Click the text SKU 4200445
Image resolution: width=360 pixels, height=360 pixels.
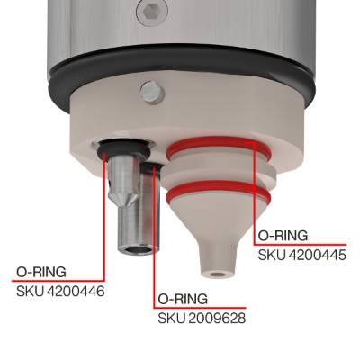pyautogui.click(x=302, y=255)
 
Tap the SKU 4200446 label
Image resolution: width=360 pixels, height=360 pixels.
pyautogui.click(x=60, y=292)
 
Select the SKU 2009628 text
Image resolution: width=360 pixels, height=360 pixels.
pyautogui.click(x=202, y=319)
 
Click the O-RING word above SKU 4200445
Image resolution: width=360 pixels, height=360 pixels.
pyautogui.click(x=283, y=236)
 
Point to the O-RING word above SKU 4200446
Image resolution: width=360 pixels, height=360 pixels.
pyautogui.click(x=41, y=272)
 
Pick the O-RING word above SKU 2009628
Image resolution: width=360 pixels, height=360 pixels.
pyautogui.click(x=183, y=299)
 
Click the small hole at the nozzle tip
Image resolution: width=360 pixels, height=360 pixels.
pyautogui.click(x=218, y=274)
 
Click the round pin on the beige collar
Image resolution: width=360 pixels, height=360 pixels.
pyautogui.click(x=152, y=92)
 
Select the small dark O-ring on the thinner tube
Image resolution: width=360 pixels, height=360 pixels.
pyautogui.click(x=153, y=168)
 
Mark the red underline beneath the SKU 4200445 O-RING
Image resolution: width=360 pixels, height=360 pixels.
pyautogui.click(x=300, y=244)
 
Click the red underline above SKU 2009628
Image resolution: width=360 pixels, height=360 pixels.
pyautogui.click(x=200, y=308)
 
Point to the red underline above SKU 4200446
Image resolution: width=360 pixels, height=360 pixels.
pyautogui.click(x=58, y=281)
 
